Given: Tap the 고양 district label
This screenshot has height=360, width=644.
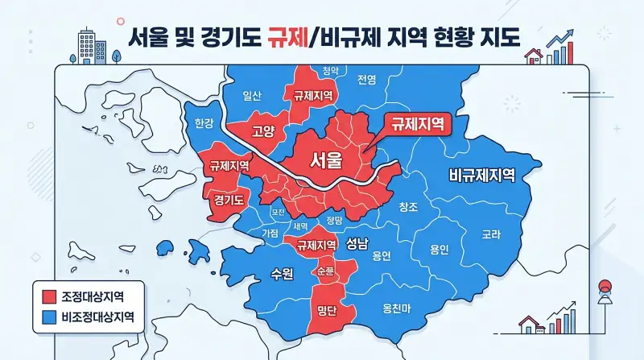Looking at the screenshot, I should (x=263, y=131).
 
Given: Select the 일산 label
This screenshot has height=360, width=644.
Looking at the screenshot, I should (x=253, y=95).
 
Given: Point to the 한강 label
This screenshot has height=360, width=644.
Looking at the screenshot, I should (x=205, y=123).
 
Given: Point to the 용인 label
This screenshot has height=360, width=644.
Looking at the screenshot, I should (x=439, y=249).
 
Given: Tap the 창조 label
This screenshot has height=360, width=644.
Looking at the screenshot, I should (x=408, y=207).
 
